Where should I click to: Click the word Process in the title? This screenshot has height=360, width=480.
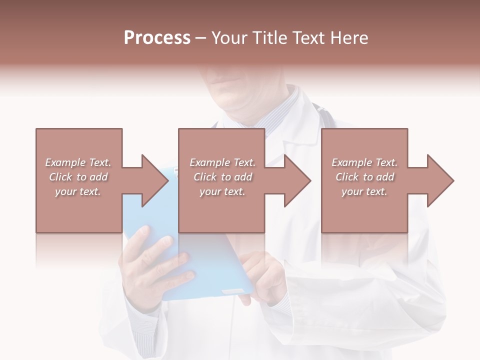[x=157, y=38]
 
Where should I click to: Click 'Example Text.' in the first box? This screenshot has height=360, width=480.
[x=78, y=162]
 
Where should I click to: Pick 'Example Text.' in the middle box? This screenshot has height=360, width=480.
[x=222, y=162]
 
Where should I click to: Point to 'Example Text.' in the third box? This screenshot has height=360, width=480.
[x=364, y=162]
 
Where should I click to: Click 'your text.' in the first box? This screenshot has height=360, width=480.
[x=78, y=191]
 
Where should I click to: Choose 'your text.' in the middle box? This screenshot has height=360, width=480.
[x=222, y=191]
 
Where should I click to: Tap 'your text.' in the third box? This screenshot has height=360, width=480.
[x=364, y=191]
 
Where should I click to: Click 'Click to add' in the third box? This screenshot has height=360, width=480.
[x=364, y=177]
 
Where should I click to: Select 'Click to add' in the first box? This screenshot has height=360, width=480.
[x=78, y=177]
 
